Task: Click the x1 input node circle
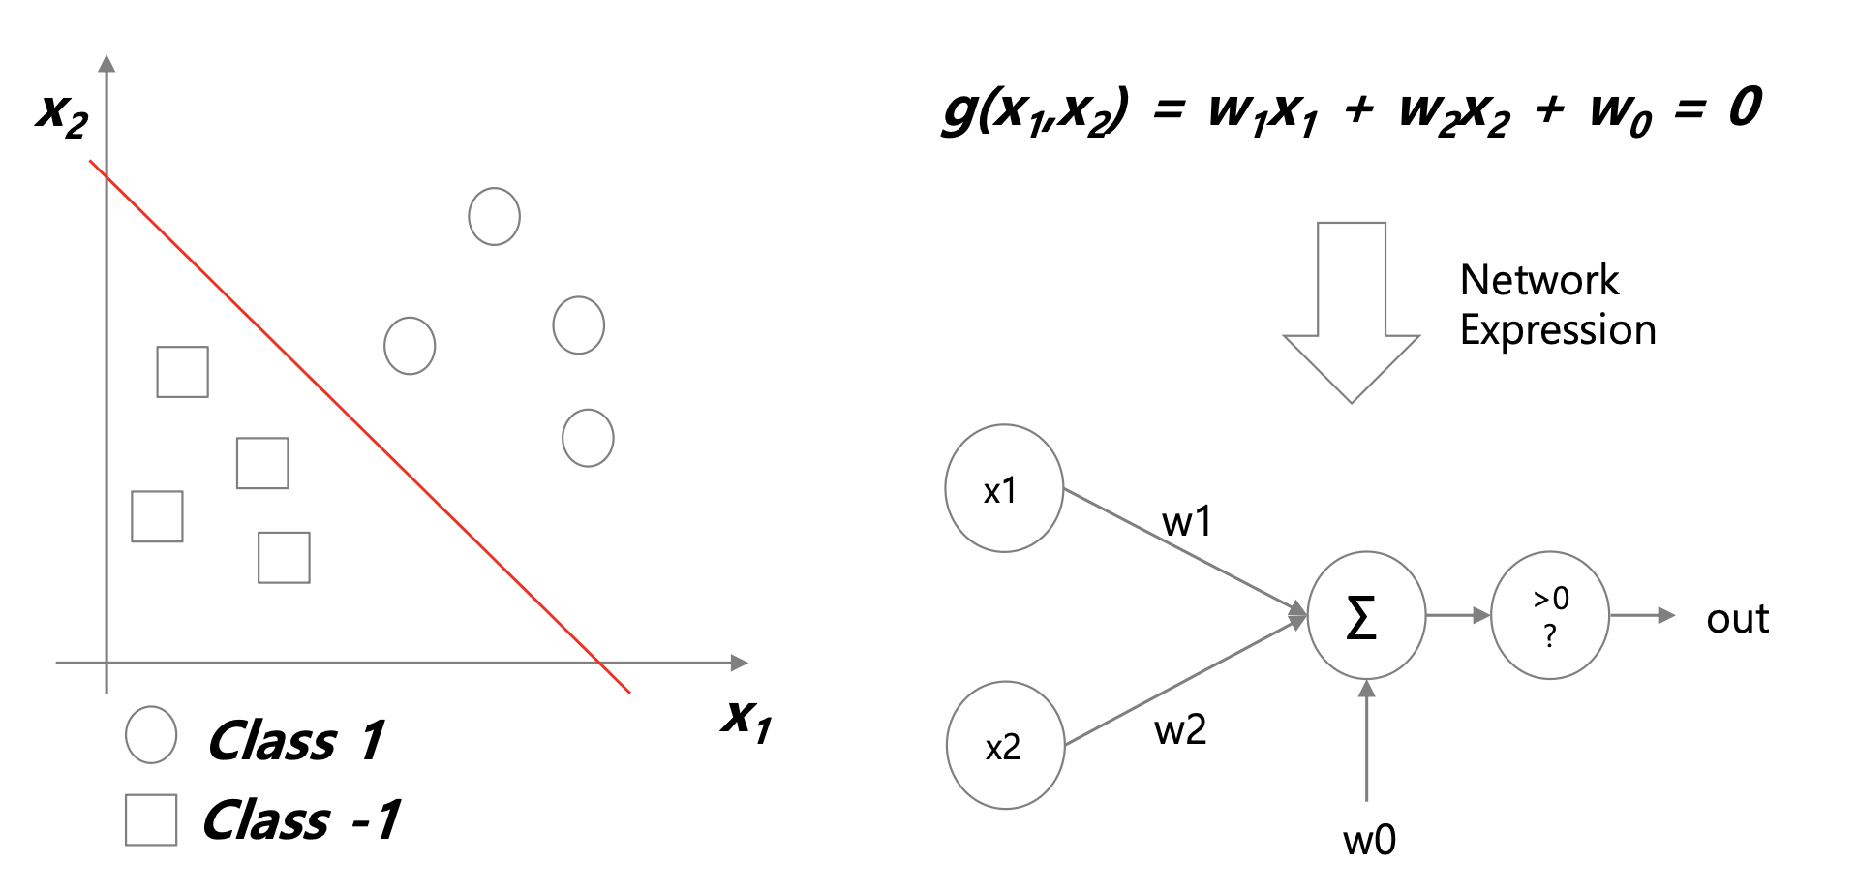click(x=1004, y=488)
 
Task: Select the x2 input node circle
click(x=1005, y=745)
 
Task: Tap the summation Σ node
click(x=1365, y=616)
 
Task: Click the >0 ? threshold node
click(x=1549, y=615)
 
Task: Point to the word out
click(x=1737, y=619)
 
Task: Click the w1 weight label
click(x=1187, y=522)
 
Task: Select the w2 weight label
click(x=1180, y=729)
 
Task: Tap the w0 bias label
click(x=1369, y=840)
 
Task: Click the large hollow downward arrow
click(x=1351, y=310)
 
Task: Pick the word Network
click(x=1538, y=280)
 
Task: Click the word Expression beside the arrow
click(x=1557, y=330)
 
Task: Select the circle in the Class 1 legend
click(x=151, y=734)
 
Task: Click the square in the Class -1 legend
click(x=151, y=819)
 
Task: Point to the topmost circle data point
click(x=494, y=216)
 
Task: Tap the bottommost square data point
click(x=284, y=557)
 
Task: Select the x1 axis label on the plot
click(x=746, y=719)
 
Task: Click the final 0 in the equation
click(x=1744, y=108)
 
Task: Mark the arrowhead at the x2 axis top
click(x=107, y=64)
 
